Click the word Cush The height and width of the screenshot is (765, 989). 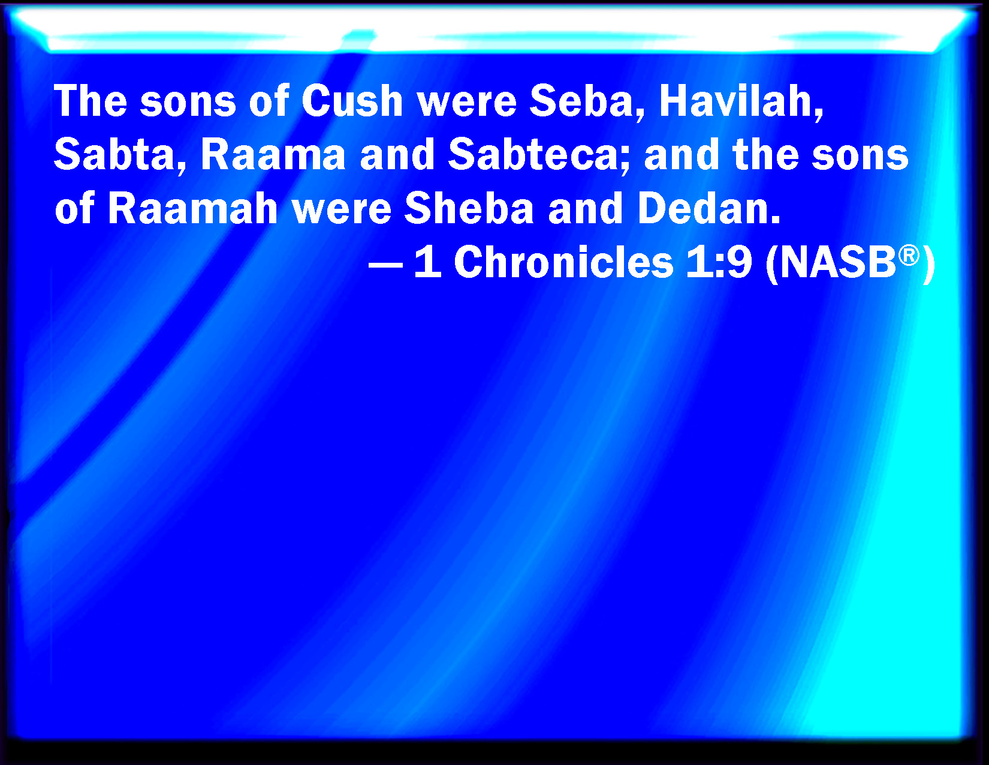(x=352, y=101)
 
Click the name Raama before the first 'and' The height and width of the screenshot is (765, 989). (x=273, y=155)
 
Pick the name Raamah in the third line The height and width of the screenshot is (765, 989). (x=193, y=208)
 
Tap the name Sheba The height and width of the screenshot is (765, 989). (x=469, y=208)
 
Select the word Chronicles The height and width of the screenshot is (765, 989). (x=564, y=262)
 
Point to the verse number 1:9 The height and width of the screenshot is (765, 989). (x=719, y=262)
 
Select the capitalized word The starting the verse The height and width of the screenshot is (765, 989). (x=91, y=101)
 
